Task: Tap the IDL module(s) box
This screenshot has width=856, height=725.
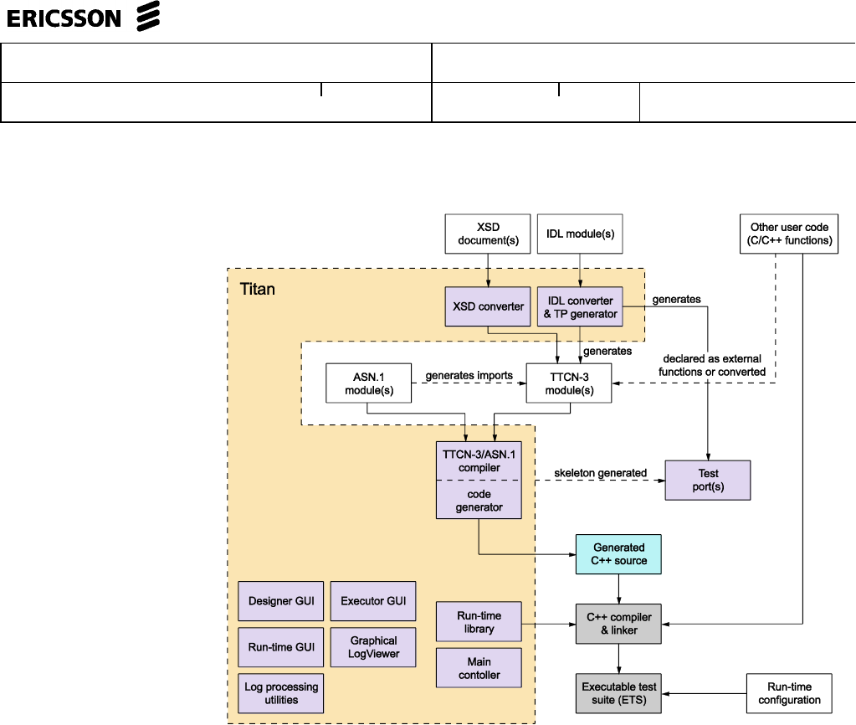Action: click(580, 234)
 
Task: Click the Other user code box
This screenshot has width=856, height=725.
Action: click(789, 234)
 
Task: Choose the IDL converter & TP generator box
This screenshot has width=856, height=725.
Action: click(580, 307)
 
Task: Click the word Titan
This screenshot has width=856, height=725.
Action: click(257, 290)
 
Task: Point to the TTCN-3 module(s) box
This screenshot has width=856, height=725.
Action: click(568, 383)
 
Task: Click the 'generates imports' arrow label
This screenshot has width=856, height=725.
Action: click(469, 376)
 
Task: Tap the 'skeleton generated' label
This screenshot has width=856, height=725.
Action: click(601, 473)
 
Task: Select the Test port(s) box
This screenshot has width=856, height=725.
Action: click(708, 480)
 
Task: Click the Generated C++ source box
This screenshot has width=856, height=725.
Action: click(618, 554)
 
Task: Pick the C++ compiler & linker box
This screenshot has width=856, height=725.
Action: click(618, 624)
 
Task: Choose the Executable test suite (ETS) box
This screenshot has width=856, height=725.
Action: click(618, 693)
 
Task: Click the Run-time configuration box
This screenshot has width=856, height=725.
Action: click(790, 693)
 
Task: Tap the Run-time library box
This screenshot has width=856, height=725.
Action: click(479, 623)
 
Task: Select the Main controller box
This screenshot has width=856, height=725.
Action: click(479, 668)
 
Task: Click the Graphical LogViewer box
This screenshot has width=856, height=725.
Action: click(374, 647)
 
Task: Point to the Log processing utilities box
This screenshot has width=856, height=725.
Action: click(281, 693)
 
